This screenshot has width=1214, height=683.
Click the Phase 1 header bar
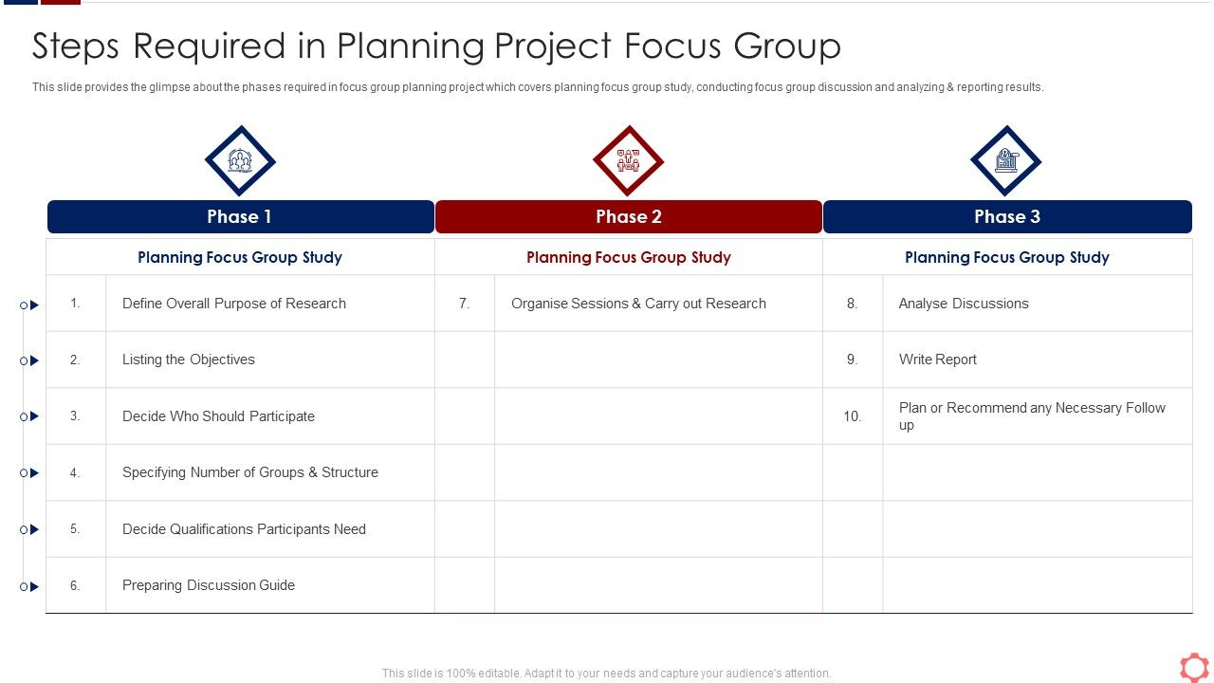[240, 216]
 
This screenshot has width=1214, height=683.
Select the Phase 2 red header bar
[628, 216]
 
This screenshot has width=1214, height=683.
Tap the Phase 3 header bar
[1007, 216]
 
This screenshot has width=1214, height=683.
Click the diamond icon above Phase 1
[240, 161]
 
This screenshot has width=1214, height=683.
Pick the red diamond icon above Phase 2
[628, 161]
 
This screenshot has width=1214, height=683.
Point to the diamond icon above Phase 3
[1006, 161]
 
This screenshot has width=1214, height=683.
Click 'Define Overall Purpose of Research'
[234, 304]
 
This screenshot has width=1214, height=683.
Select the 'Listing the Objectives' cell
[189, 360]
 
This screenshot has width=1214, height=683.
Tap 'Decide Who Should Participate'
[218, 416]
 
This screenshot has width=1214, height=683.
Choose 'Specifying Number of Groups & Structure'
[250, 472]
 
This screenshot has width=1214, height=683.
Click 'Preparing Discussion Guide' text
[209, 585]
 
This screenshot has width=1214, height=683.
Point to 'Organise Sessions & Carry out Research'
[638, 304]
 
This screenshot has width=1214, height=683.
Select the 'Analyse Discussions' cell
[964, 304]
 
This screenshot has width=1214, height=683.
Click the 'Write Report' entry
[938, 360]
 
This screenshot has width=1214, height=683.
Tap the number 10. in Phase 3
[853, 416]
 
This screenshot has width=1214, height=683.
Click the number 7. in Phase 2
[465, 304]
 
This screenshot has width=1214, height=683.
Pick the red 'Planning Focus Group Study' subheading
[628, 257]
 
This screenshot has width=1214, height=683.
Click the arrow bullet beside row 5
[33, 529]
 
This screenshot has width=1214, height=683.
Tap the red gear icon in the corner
[1194, 667]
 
